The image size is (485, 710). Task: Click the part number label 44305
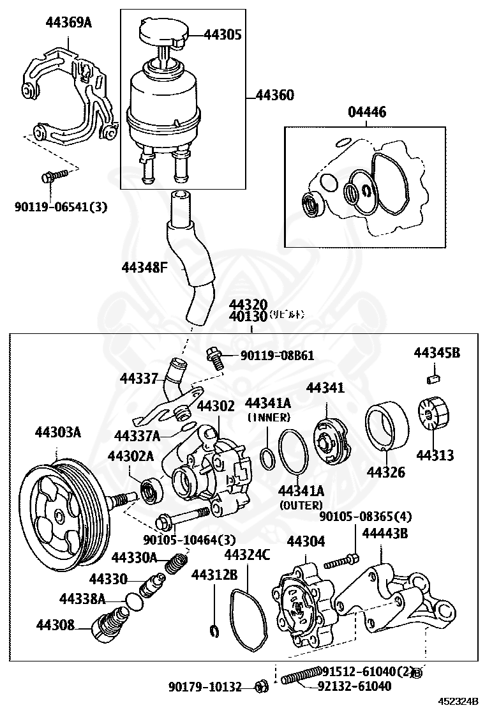pyautogui.click(x=222, y=34)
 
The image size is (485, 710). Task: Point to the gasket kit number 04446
pyautogui.click(x=366, y=112)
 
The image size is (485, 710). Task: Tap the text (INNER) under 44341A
pyautogui.click(x=268, y=418)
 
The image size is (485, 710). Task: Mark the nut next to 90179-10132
pyautogui.click(x=260, y=687)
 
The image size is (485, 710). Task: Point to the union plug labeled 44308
pyautogui.click(x=105, y=624)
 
